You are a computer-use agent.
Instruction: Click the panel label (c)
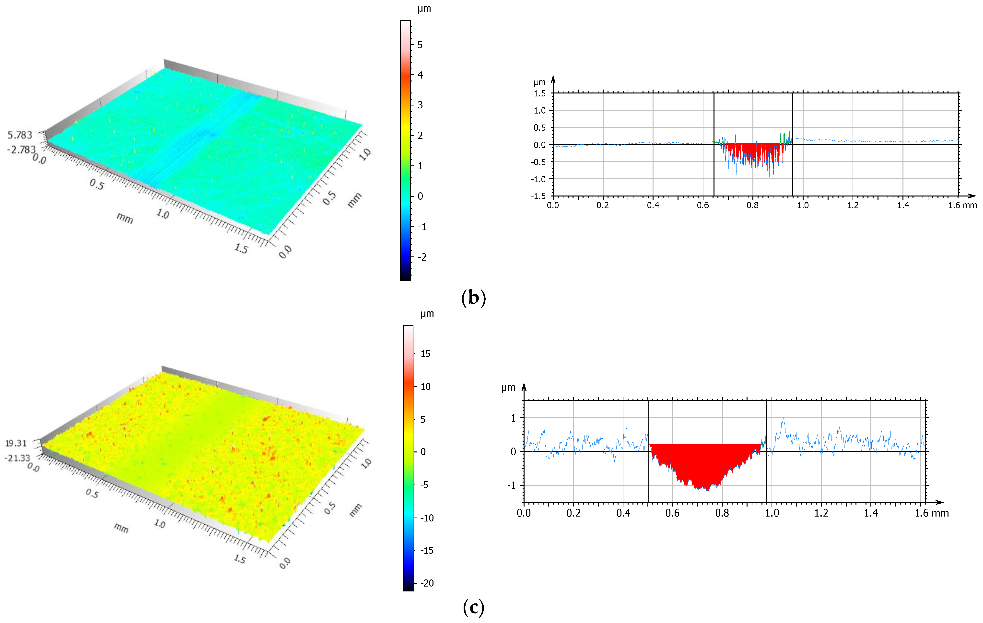pyautogui.click(x=473, y=608)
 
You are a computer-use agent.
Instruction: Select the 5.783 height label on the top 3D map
pyautogui.click(x=20, y=135)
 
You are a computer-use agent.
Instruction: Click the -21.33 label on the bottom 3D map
pyautogui.click(x=17, y=458)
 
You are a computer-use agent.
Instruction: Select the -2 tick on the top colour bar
pyautogui.click(x=422, y=257)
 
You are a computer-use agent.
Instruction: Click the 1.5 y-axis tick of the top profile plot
pyautogui.click(x=540, y=93)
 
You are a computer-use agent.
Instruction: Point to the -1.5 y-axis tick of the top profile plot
pyautogui.click(x=538, y=196)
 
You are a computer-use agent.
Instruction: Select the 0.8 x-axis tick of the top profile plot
pyautogui.click(x=752, y=205)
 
